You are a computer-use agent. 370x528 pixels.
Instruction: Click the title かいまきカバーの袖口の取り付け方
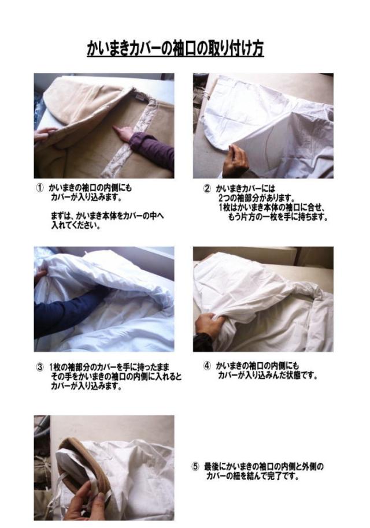click(x=175, y=49)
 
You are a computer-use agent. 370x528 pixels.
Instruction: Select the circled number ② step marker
click(x=207, y=188)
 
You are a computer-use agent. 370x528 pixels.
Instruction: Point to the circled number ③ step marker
click(x=40, y=367)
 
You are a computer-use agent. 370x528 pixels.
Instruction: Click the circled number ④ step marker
click(x=207, y=366)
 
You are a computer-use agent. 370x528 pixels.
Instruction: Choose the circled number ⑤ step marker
click(x=195, y=467)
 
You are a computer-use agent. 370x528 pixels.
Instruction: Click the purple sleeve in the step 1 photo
click(x=152, y=148)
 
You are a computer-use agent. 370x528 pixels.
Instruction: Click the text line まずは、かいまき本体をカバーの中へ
click(x=107, y=215)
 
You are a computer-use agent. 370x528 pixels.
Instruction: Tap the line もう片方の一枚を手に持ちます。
click(x=278, y=217)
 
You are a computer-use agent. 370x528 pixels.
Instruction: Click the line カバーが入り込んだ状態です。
click(x=268, y=375)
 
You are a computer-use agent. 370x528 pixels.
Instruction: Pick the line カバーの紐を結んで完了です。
click(x=253, y=477)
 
